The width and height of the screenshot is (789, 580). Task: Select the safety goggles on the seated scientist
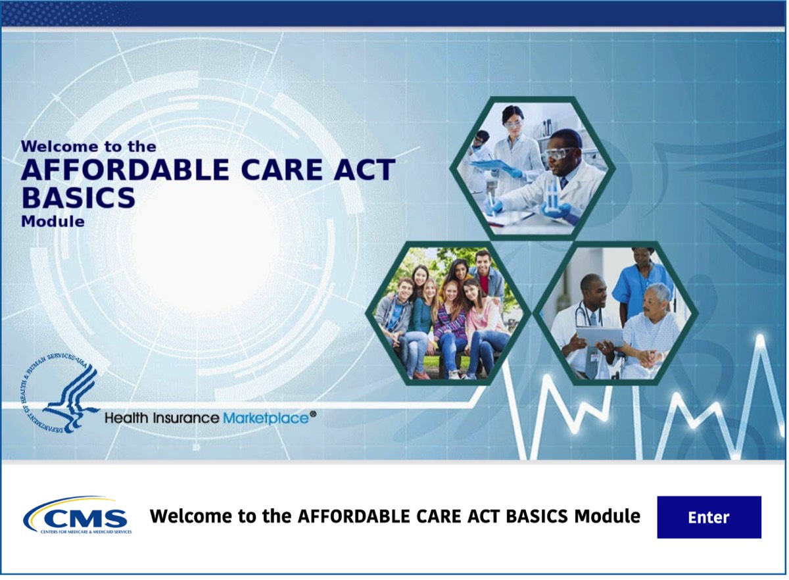point(560,154)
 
